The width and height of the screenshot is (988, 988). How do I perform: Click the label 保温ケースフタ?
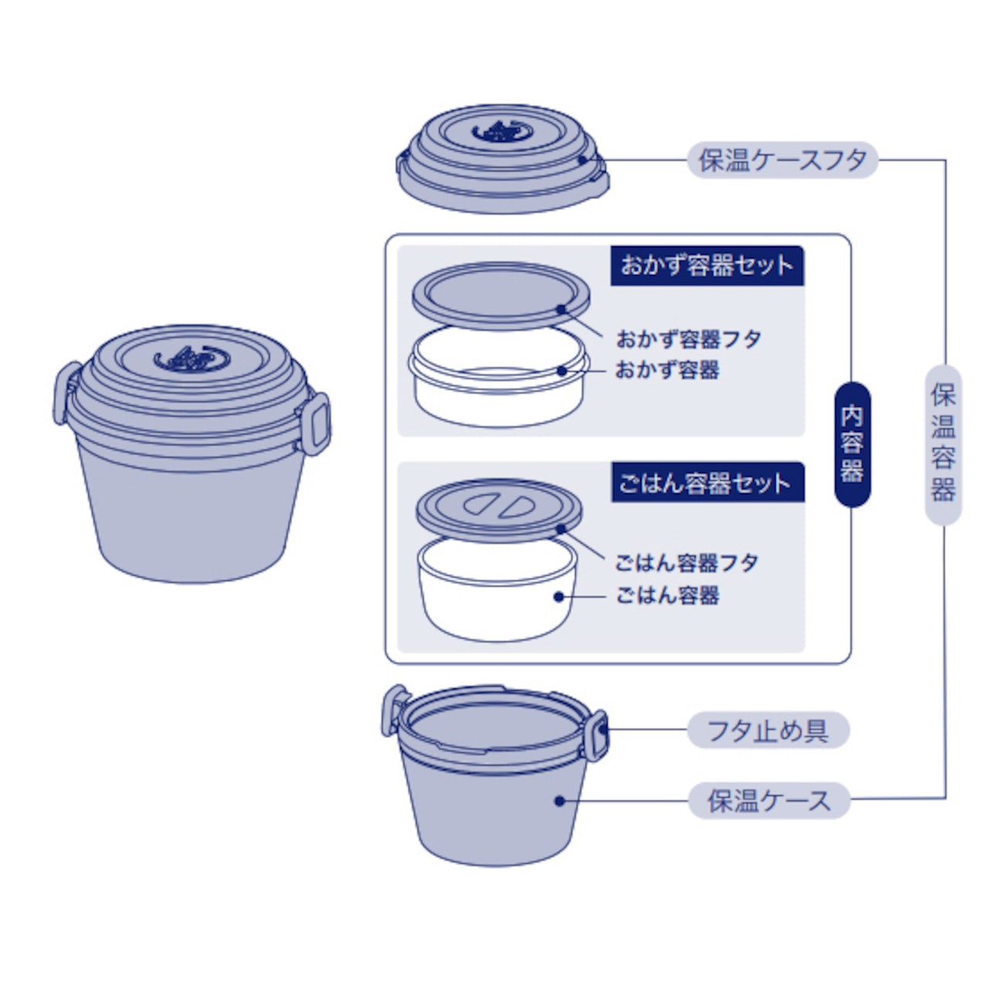tap(782, 161)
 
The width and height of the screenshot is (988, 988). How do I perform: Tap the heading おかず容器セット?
tap(706, 266)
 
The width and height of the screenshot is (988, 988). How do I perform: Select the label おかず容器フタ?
tap(689, 339)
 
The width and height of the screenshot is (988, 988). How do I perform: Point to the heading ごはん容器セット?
tap(706, 483)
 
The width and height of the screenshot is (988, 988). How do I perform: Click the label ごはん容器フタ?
tap(686, 563)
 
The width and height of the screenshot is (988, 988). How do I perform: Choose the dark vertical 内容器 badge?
tap(852, 445)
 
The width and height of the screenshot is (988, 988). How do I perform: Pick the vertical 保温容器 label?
tap(943, 444)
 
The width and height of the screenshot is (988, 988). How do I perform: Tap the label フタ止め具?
tap(767, 730)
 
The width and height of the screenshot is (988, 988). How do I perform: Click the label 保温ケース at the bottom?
tap(769, 801)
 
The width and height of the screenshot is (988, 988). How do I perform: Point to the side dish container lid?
tap(500, 294)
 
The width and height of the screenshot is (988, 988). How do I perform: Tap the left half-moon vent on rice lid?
tap(479, 506)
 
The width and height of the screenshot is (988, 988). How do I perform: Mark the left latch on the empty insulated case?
tap(394, 708)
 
